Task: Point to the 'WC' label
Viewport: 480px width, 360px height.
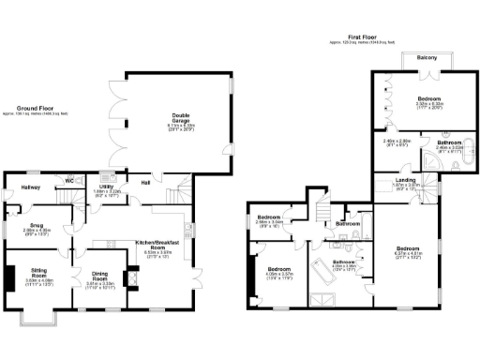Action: (68, 179)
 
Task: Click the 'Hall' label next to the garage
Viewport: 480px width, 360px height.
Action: (145, 183)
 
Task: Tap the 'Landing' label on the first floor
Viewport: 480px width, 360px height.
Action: (405, 180)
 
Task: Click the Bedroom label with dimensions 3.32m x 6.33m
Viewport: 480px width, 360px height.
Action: (429, 98)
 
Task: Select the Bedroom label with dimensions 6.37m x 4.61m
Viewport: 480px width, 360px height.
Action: (412, 247)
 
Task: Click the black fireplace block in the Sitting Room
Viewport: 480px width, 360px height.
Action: (10, 280)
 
